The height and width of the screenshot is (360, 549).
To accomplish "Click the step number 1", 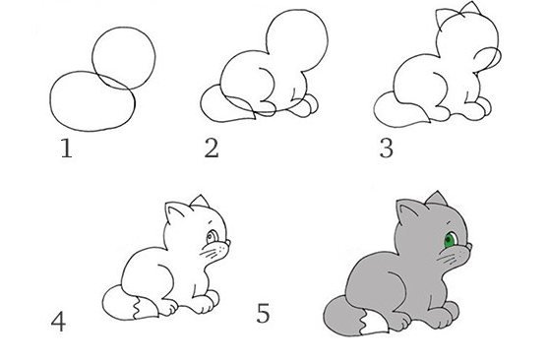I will coord(66,150).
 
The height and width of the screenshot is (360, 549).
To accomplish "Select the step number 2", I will coord(211,150).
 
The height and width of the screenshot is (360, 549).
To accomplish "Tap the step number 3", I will coord(386,150).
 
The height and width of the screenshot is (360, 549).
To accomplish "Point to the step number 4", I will coord(60,321).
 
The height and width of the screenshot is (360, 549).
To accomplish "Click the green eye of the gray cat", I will coord(450,239).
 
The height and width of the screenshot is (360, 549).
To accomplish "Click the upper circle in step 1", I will coord(125,58).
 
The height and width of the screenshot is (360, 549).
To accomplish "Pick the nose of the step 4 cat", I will coord(230,245).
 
